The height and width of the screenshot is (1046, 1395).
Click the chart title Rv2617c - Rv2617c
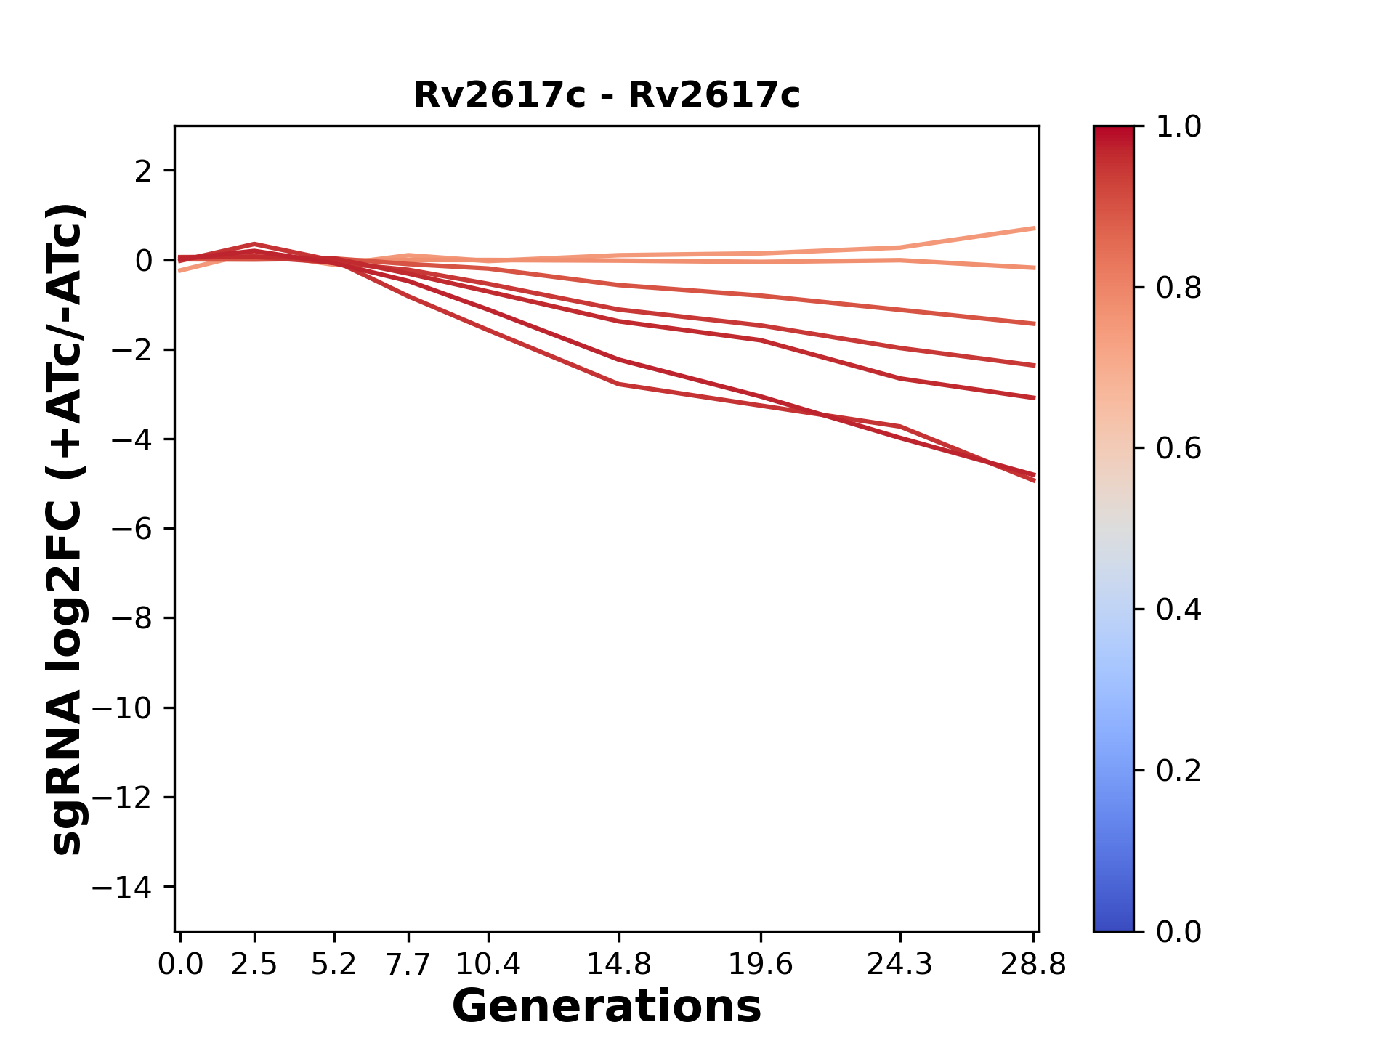click(607, 95)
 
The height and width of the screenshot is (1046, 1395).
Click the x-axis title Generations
click(607, 1007)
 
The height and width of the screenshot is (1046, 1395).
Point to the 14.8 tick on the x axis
click(618, 965)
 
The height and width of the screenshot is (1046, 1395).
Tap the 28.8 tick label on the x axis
click(1033, 965)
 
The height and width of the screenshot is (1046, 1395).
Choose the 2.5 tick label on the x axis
click(254, 965)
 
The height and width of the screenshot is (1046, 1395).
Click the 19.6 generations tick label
click(760, 965)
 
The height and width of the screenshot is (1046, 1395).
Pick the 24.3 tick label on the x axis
click(899, 965)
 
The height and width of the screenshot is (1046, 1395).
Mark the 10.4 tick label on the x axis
click(488, 965)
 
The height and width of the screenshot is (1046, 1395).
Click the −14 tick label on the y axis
click(131, 887)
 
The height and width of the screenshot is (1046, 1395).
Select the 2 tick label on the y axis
click(144, 171)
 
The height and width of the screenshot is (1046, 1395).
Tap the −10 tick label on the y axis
click(131, 708)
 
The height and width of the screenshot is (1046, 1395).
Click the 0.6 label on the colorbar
click(1178, 448)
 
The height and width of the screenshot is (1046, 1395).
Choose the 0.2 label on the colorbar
click(1178, 770)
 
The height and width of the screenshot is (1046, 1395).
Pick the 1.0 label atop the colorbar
click(1178, 127)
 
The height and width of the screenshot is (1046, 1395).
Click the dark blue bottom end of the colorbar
click(1113, 924)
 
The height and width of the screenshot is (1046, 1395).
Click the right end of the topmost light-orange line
click(1034, 228)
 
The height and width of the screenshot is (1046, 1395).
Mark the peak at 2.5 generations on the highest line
click(254, 244)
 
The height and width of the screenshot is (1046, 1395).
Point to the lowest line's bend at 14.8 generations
click(618, 384)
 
